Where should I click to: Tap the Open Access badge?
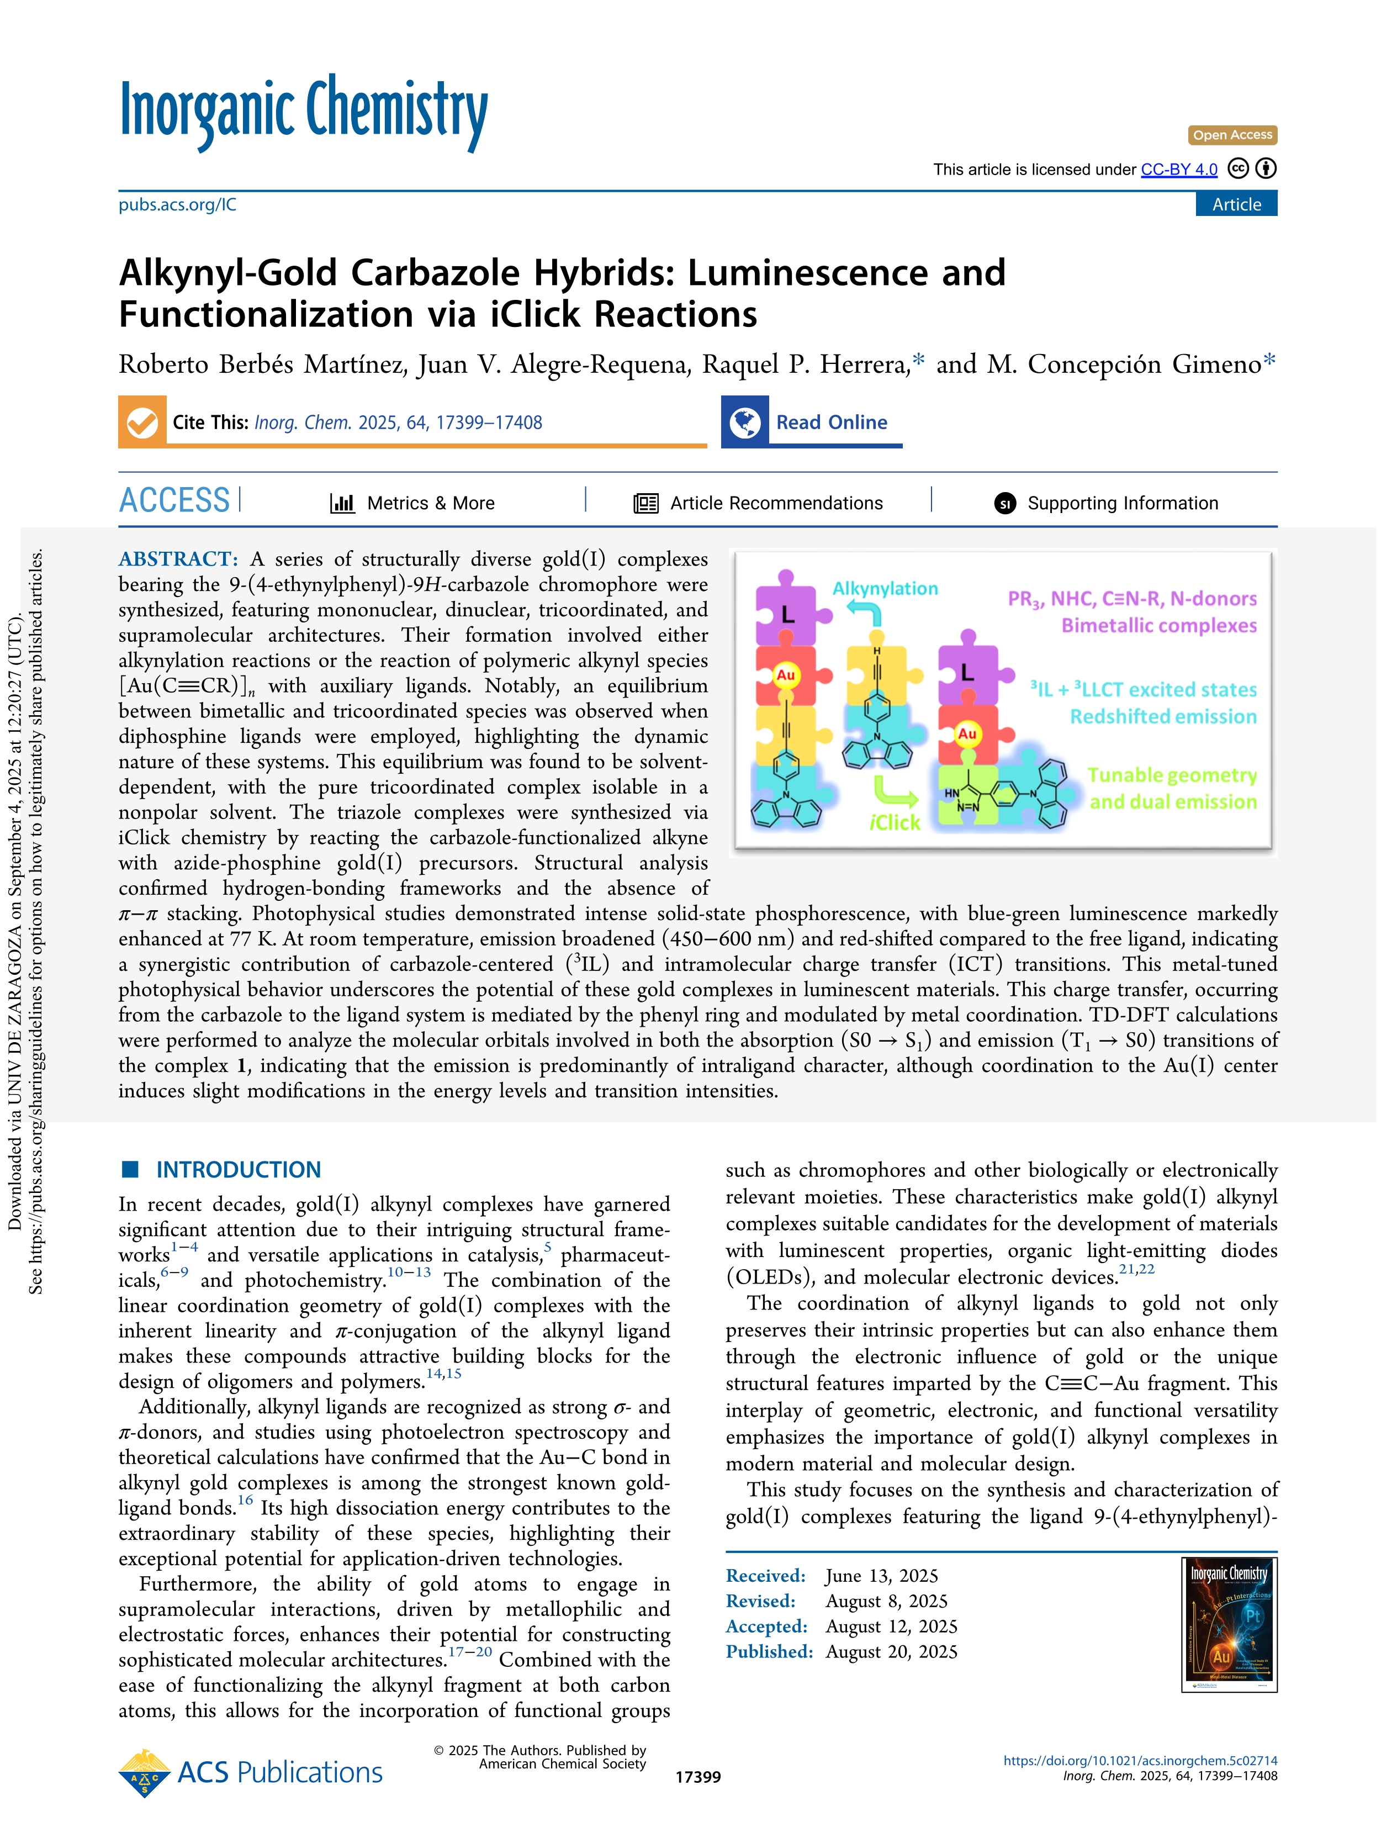(1231, 135)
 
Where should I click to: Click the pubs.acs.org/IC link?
(177, 205)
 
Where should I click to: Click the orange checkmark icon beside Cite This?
(142, 423)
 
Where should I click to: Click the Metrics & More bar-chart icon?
(342, 503)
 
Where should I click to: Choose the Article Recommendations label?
(776, 503)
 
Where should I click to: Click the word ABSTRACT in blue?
(178, 559)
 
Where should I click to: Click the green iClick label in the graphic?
(894, 823)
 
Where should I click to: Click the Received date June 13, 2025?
(881, 1576)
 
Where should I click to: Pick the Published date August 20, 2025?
(891, 1652)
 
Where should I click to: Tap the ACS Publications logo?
(252, 1773)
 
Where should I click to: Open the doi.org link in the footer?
(1140, 1761)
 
